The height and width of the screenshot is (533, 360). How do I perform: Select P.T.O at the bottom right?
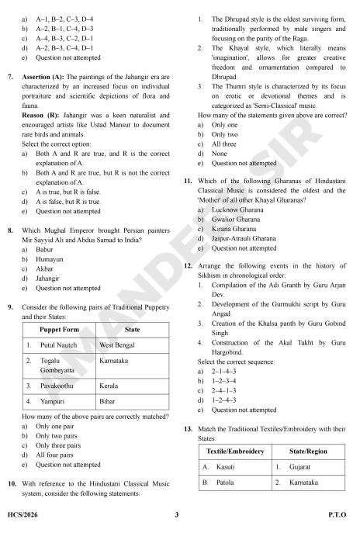[x=337, y=515]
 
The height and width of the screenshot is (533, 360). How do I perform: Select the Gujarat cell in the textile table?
[x=291, y=468]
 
